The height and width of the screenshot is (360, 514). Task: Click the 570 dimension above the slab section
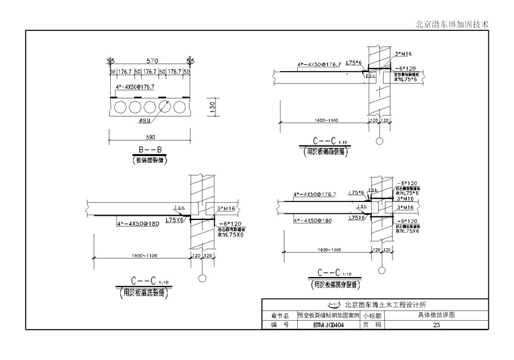[x=152, y=61]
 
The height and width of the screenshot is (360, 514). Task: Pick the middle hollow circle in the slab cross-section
[x=149, y=107]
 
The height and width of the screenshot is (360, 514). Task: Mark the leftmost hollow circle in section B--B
[x=121, y=107]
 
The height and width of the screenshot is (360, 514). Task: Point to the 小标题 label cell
[x=371, y=315]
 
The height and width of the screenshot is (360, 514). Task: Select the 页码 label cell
[x=371, y=325]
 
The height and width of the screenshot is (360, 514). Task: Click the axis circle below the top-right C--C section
[x=379, y=141]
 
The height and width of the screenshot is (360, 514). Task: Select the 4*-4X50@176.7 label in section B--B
[x=135, y=88]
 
